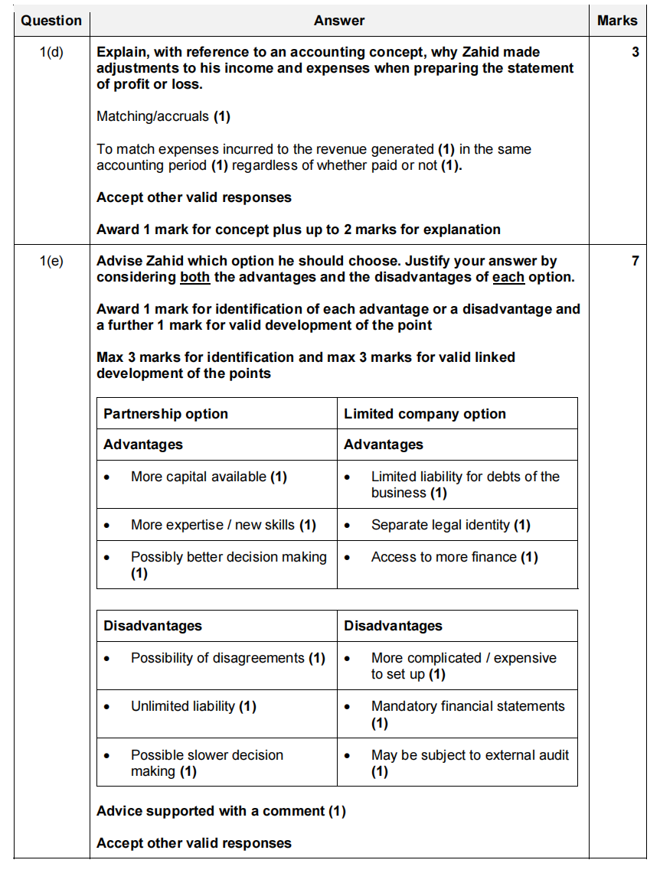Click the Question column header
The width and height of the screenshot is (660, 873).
[x=51, y=21]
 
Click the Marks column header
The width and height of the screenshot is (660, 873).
[x=617, y=21]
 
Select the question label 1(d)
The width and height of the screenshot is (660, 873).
[x=51, y=53]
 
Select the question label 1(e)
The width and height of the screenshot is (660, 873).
[x=51, y=262]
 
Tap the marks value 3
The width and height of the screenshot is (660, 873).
[x=635, y=53]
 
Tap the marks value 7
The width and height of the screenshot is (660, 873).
[x=635, y=262]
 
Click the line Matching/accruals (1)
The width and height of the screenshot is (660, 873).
[x=163, y=116]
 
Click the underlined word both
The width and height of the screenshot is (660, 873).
[x=194, y=278]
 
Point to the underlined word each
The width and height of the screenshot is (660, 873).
[x=508, y=278]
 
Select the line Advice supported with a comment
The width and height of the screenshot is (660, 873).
[x=221, y=811]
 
